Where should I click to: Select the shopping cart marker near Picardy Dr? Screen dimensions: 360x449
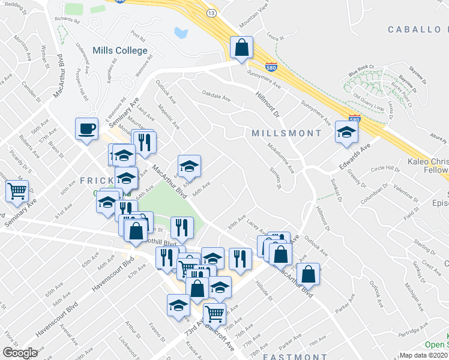click(17, 192)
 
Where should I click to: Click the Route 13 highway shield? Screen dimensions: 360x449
click(211, 13)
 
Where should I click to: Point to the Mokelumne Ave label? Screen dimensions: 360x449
click(281, 158)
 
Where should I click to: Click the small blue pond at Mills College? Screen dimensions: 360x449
click(179, 32)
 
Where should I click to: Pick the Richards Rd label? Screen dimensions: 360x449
click(67, 20)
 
